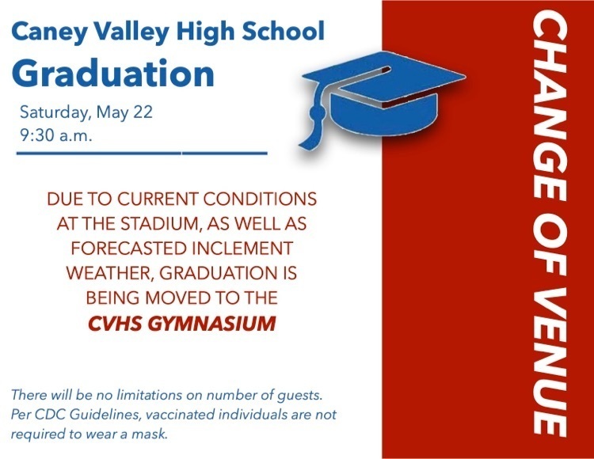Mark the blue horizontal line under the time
(x=143, y=153)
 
